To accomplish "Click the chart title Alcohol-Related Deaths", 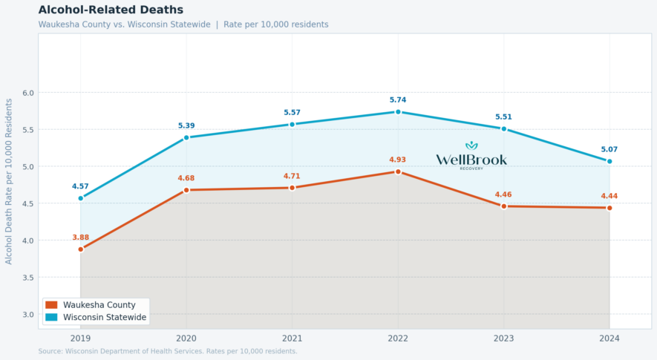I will click(x=111, y=10).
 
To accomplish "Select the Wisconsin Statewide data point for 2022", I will click(x=398, y=112).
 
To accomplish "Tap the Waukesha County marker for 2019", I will click(x=81, y=249).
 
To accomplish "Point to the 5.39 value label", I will click(x=186, y=125).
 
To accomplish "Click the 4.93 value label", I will click(x=398, y=160).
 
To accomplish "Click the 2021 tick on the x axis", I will click(x=292, y=338).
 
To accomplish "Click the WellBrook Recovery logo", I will click(x=471, y=156).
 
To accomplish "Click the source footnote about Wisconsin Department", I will click(x=168, y=351).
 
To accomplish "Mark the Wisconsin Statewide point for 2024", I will click(x=609, y=161).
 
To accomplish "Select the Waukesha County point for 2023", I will click(x=503, y=206).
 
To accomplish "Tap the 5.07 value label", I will click(x=609, y=149).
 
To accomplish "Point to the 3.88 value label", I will click(x=81, y=237).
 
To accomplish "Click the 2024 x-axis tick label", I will click(x=609, y=338).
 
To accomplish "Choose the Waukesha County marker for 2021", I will click(x=292, y=188).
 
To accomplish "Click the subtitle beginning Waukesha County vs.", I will click(x=183, y=24).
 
